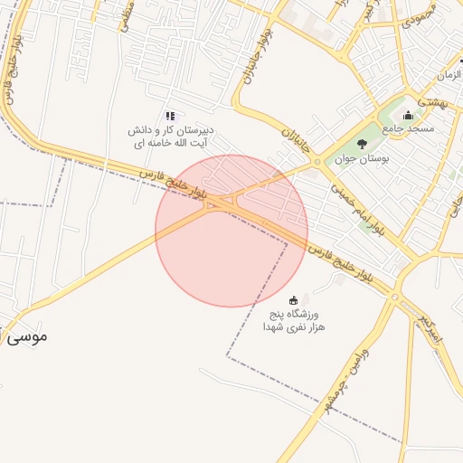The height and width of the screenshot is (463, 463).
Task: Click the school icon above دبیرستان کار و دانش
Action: (170, 116)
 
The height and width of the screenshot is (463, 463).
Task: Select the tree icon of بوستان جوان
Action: (363, 144)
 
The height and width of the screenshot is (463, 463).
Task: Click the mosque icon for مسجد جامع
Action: (408, 116)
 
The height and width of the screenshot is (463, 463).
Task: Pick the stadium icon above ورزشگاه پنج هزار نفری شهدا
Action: (292, 299)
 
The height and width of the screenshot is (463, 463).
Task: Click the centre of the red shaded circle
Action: (231, 231)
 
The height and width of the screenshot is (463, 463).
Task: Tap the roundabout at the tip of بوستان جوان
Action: (317, 163)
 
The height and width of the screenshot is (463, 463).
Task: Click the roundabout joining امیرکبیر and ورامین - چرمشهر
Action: (395, 296)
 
